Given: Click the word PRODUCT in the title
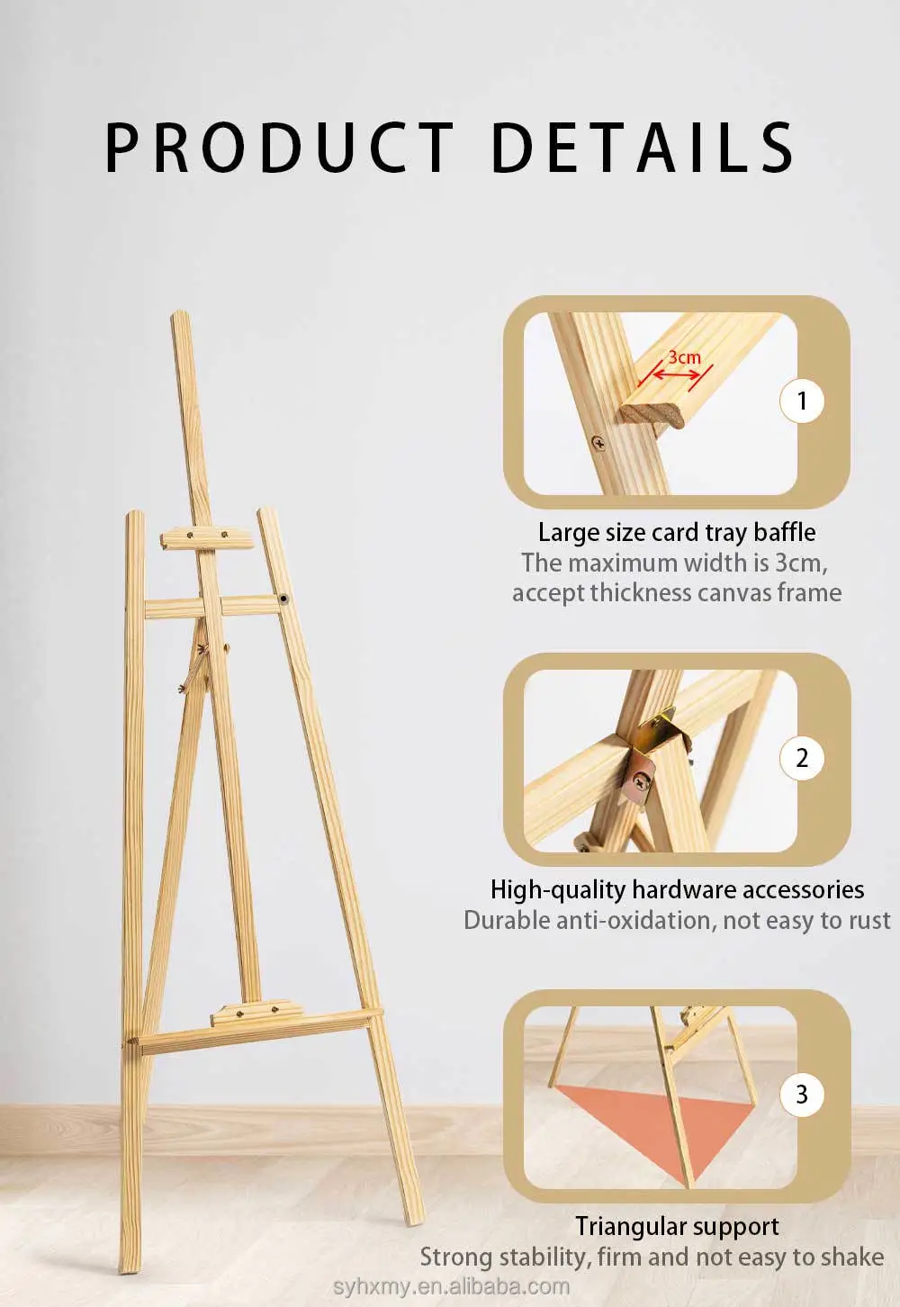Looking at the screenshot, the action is (x=279, y=148).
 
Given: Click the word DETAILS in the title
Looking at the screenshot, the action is (x=643, y=148).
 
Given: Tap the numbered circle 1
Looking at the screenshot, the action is (x=801, y=401).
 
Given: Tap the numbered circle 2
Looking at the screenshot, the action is (x=801, y=758).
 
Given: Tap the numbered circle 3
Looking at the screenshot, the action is (x=801, y=1094).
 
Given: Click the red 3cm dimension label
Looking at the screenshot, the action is (x=684, y=357).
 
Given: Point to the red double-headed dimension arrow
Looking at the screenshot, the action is (x=675, y=374).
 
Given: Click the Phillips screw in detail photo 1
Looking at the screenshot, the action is (x=598, y=444).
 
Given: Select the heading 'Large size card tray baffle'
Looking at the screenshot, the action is (x=677, y=532).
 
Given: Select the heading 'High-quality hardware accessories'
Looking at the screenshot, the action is (x=677, y=890).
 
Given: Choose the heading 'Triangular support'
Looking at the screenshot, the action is (x=677, y=1227).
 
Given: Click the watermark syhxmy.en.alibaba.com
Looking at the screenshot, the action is (x=452, y=1286).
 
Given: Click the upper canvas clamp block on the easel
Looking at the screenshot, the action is (x=207, y=538).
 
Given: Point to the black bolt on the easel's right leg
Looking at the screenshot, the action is (x=283, y=598).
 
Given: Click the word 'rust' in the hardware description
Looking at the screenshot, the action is (x=869, y=921).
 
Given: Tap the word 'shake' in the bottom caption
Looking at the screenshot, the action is (x=853, y=1257).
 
